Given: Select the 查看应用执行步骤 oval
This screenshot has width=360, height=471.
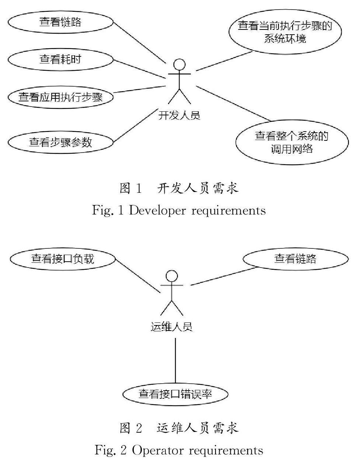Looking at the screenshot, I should tap(61, 97).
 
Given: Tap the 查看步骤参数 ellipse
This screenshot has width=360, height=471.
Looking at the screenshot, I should tap(61, 142).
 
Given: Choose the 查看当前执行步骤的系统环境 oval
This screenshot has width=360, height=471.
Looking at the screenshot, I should tap(285, 32).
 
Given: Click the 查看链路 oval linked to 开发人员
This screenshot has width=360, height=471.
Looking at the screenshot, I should tap(61, 22).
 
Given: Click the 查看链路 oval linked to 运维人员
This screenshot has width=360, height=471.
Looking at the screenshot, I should tap(295, 259).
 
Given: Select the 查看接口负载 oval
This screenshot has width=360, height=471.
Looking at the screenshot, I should tap(63, 259).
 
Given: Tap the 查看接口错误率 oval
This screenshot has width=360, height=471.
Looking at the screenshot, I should tap(175, 394).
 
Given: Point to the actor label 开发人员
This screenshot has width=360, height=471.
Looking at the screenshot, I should tap(179, 115).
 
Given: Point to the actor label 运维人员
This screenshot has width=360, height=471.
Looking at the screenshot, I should tap(172, 327).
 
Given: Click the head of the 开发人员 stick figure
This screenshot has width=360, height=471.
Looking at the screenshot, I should tap(179, 64).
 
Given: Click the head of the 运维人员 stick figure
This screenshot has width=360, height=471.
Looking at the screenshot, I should tap(172, 276).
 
